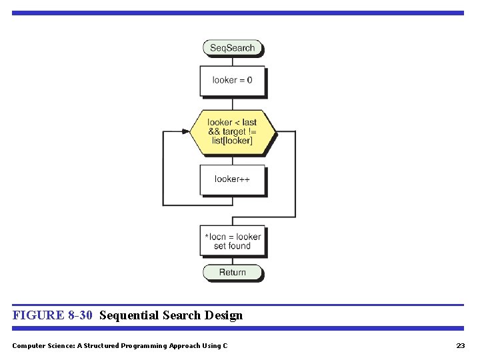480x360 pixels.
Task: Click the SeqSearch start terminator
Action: tap(232, 48)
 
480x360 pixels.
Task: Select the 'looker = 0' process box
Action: tap(232, 81)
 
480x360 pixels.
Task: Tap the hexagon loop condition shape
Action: tap(232, 131)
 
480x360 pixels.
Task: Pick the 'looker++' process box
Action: tap(232, 179)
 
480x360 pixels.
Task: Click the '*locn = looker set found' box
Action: tap(232, 241)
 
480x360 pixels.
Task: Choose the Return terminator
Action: tap(232, 272)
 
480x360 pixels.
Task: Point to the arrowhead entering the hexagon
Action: tap(186, 131)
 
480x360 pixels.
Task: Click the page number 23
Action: tap(460, 345)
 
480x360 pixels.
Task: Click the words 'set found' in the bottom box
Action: tap(232, 246)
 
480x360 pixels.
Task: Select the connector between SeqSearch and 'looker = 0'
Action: tap(232, 61)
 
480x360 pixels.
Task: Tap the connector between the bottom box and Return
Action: tap(232, 261)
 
